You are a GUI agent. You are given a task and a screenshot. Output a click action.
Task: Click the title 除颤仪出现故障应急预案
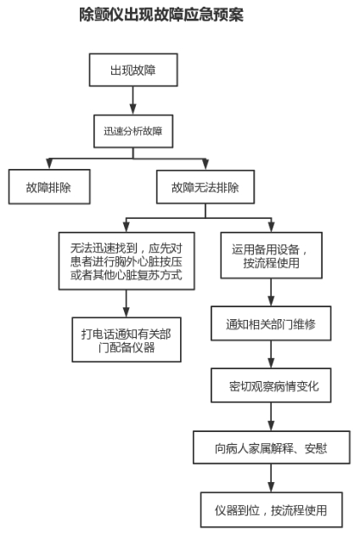pyautogui.click(x=161, y=14)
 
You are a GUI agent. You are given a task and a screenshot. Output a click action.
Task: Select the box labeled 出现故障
pyautogui.click(x=133, y=70)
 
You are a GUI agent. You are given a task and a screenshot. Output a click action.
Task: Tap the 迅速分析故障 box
pyautogui.click(x=133, y=132)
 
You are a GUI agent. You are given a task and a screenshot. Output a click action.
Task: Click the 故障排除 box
pyautogui.click(x=49, y=187)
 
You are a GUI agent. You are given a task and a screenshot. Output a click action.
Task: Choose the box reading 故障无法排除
pyautogui.click(x=205, y=187)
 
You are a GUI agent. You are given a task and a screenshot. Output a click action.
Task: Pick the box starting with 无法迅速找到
pyautogui.click(x=127, y=261)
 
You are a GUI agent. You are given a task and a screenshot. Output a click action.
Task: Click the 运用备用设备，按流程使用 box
pyautogui.click(x=272, y=255)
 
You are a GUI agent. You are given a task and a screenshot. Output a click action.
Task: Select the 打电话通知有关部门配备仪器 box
pyautogui.click(x=127, y=340)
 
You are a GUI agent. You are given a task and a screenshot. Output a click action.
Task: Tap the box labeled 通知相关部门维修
pyautogui.click(x=271, y=323)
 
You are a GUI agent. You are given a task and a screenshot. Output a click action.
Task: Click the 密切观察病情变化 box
pyautogui.click(x=271, y=385)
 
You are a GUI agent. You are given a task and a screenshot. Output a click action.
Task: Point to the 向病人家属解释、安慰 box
pyautogui.click(x=272, y=447)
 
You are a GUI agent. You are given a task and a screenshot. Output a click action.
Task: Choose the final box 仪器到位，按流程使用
pyautogui.click(x=272, y=510)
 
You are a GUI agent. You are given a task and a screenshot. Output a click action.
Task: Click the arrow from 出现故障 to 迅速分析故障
pyautogui.click(x=133, y=100)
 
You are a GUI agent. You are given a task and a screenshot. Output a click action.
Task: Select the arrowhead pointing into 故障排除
pyautogui.click(x=49, y=164)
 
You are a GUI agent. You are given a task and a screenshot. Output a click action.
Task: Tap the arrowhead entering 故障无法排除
pyautogui.click(x=205, y=164)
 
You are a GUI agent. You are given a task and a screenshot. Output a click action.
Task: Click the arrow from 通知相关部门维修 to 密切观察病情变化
pyautogui.click(x=271, y=355)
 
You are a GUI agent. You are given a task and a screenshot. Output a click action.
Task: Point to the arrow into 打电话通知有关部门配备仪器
pyautogui.click(x=127, y=303)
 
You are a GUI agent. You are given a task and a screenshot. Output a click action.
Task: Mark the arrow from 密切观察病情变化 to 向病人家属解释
pyautogui.click(x=271, y=417)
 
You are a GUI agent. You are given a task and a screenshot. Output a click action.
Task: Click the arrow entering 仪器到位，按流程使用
pyautogui.click(x=271, y=478)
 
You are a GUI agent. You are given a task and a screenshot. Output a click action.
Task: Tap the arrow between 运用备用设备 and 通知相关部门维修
pyautogui.click(x=271, y=292)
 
